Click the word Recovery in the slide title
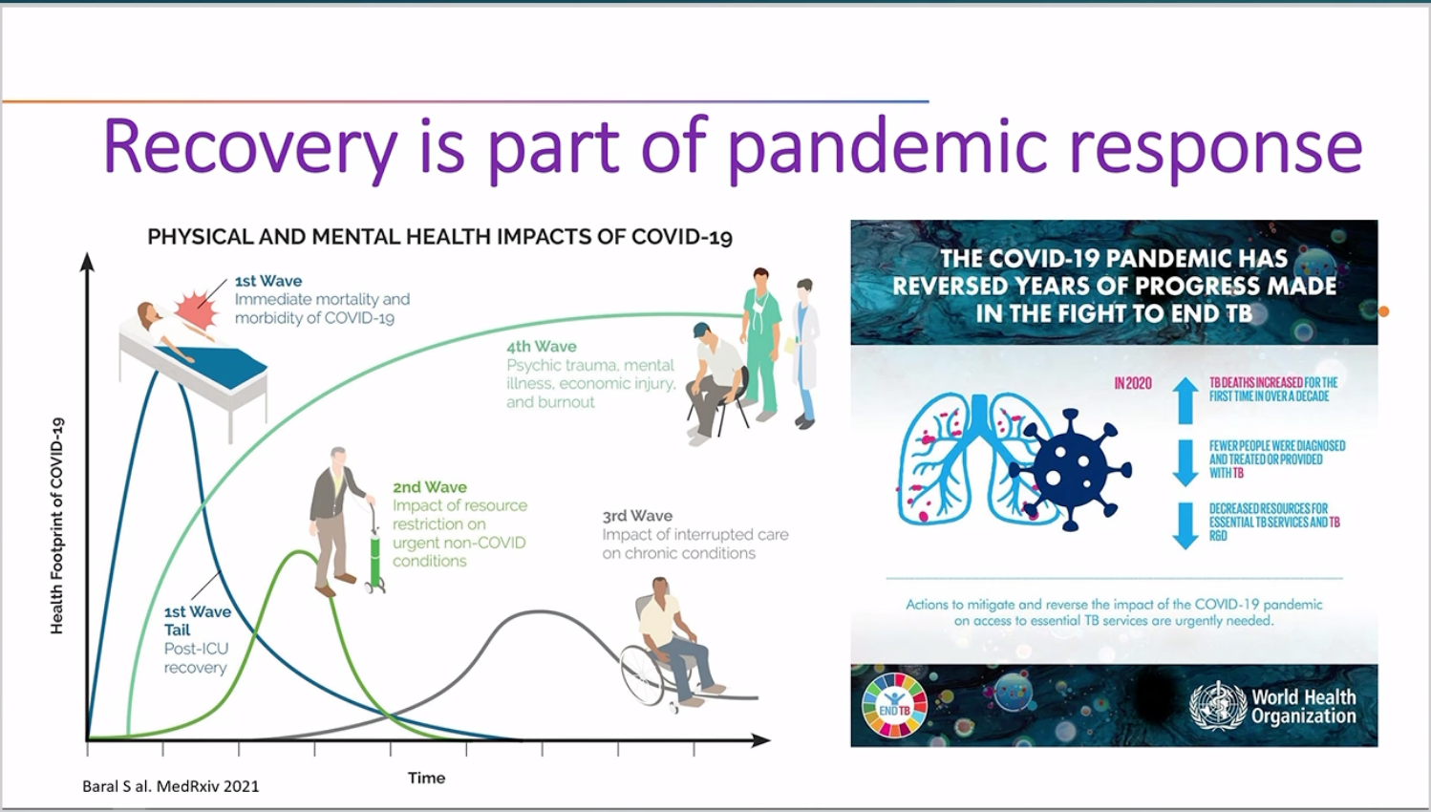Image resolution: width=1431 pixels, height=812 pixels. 249,147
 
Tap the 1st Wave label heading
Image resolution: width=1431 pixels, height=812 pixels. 268,281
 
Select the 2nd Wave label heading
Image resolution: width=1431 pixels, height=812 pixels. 429,487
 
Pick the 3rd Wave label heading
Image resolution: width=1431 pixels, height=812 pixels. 637,516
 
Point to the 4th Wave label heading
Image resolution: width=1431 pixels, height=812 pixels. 541,346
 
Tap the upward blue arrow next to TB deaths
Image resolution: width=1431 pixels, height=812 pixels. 1185,400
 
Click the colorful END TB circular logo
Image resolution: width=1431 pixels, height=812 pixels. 894,706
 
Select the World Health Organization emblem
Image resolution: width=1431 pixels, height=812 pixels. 1218,705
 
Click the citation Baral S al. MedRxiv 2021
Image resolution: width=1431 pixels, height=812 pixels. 171,786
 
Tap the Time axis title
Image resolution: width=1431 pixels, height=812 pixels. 427,779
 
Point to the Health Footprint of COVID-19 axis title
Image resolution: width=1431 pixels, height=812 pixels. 57,525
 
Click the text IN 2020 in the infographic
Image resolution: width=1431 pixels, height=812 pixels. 1133,383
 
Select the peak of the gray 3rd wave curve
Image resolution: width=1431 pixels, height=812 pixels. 539,612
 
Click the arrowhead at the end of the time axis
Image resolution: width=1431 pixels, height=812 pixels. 761,740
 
